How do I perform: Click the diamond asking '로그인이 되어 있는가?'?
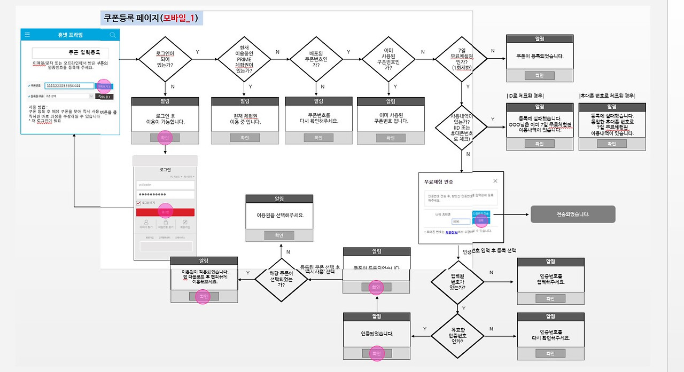[165, 59]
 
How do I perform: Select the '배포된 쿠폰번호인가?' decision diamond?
[316, 59]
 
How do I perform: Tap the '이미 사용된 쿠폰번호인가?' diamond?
[388, 59]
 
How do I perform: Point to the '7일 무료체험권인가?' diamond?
[461, 59]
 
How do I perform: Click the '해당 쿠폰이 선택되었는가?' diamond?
[281, 277]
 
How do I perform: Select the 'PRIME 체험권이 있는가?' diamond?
[244, 59]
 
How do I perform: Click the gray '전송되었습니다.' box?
[572, 214]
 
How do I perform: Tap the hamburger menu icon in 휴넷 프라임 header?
[28, 35]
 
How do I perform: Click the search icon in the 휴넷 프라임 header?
[112, 35]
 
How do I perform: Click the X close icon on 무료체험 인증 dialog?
[495, 181]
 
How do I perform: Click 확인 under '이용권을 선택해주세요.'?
[279, 235]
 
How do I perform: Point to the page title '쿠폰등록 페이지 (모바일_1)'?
[151, 18]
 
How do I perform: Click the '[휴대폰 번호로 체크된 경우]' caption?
[607, 96]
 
